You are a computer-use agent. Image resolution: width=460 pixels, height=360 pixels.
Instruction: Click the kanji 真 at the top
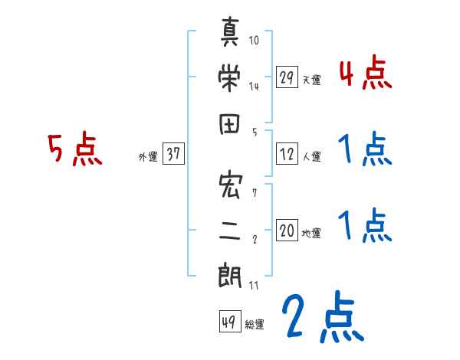tap(231, 32)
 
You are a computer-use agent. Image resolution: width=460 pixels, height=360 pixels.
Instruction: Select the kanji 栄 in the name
tap(231, 76)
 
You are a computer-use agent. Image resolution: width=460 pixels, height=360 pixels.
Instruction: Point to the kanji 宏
tap(231, 185)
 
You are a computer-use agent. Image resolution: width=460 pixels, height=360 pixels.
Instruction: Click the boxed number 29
tap(287, 77)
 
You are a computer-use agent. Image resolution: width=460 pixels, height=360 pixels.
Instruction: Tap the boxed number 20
tap(287, 231)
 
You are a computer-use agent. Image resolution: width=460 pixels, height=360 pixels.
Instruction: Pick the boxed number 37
tap(172, 154)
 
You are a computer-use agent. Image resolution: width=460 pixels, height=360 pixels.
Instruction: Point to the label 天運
tap(310, 79)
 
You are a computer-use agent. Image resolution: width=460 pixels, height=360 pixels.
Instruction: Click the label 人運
tap(311, 156)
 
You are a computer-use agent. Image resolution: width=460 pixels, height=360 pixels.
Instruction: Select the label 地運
tap(311, 233)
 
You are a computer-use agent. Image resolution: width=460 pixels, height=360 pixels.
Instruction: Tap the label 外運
tap(148, 156)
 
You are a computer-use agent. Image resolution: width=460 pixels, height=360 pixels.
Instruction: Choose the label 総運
tap(255, 323)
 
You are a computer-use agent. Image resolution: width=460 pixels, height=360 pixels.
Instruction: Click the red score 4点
tap(365, 74)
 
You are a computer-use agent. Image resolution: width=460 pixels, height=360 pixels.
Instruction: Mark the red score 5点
tap(74, 150)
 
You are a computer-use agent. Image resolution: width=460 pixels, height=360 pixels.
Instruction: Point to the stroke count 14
tap(254, 86)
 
